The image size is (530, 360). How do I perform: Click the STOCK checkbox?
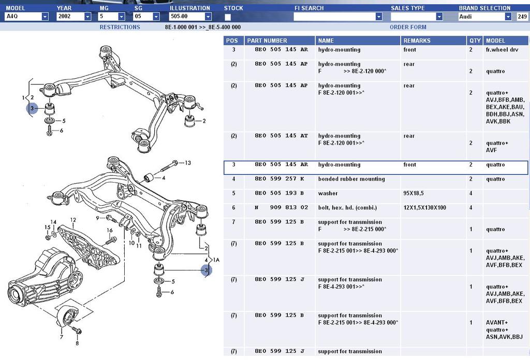tap(228, 17)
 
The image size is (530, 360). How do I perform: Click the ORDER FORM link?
tap(408, 27)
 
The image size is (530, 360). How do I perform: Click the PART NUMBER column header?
tap(267, 40)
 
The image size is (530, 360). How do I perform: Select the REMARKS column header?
tap(417, 40)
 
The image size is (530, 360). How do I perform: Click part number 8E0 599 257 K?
tap(279, 179)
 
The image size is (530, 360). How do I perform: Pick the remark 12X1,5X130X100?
tap(424, 208)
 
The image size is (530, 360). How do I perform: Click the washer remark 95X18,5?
tap(414, 193)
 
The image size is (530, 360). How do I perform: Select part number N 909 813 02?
tap(282, 208)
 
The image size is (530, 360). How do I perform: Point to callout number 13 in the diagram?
tap(188, 163)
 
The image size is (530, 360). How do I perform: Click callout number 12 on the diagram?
tap(73, 220)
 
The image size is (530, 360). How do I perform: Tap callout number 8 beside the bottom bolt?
tap(77, 343)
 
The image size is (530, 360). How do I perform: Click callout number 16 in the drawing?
tap(110, 230)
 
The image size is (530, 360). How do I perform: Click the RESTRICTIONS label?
tap(120, 27)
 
